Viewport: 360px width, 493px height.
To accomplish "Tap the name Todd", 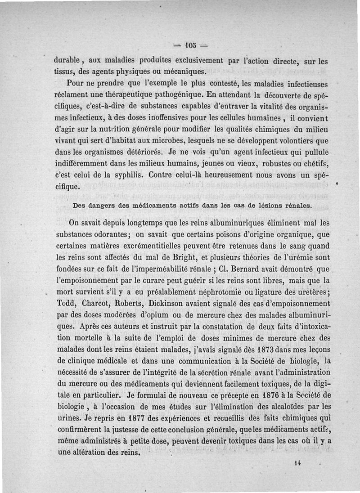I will pos(66,303).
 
